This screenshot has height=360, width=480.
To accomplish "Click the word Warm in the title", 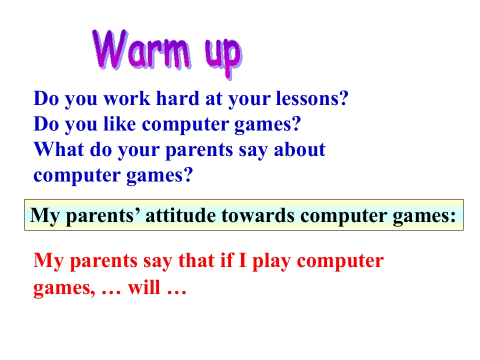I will pos(142,50).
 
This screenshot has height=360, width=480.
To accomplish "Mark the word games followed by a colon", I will pos(427,215).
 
